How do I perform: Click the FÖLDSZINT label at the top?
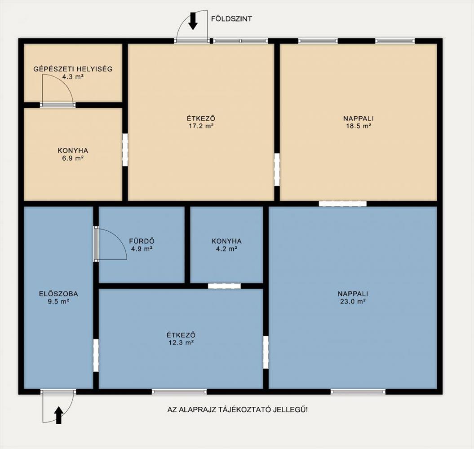(x=231, y=19)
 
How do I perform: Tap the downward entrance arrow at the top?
(x=193, y=21)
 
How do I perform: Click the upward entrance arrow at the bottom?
(x=59, y=415)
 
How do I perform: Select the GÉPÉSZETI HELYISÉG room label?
(x=73, y=69)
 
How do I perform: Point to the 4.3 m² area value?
(x=73, y=77)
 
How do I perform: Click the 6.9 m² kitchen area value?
(x=73, y=158)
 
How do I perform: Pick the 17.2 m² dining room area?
(x=201, y=126)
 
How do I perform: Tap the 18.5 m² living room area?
(x=359, y=126)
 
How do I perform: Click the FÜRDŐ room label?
(x=142, y=241)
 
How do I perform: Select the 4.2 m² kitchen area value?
(x=226, y=249)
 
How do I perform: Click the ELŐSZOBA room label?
(x=59, y=293)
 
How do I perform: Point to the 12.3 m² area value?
(x=181, y=343)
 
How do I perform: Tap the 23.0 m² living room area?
(x=353, y=301)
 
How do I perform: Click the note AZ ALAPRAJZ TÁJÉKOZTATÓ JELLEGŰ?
(x=238, y=410)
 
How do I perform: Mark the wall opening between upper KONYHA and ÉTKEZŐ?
(x=125, y=150)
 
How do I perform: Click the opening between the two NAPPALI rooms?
(x=342, y=204)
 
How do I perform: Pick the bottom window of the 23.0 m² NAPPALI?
(x=358, y=392)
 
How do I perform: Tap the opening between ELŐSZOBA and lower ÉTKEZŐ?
(x=96, y=355)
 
